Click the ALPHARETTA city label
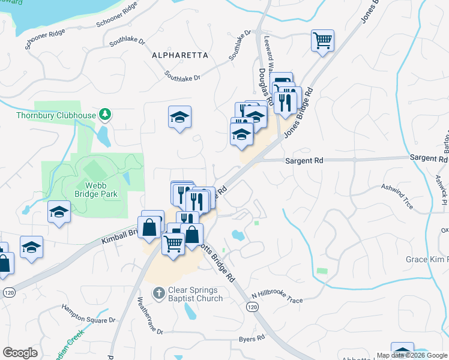click(x=180, y=55)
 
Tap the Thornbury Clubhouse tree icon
click(x=106, y=113)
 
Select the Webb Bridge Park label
click(x=96, y=190)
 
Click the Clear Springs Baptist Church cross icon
click(x=158, y=293)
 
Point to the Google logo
click(x=20, y=353)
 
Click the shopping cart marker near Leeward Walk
click(x=322, y=41)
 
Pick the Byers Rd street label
click(x=252, y=338)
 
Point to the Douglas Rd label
click(x=267, y=86)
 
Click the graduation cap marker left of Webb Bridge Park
click(x=59, y=212)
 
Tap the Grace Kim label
click(x=427, y=259)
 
